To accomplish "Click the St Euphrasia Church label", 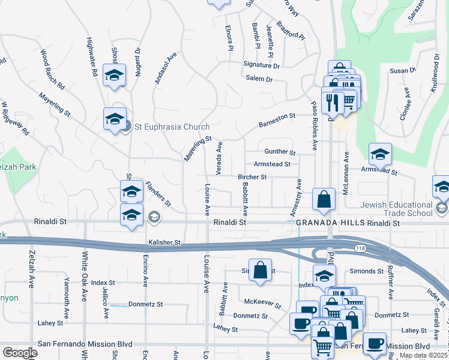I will click(172, 127).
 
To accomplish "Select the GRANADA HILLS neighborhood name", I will click(334, 222).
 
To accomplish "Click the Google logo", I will click(20, 353).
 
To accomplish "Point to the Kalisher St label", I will click(164, 242).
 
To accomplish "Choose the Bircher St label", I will click(252, 177).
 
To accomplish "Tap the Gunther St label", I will click(280, 152).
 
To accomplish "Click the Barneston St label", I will click(277, 119).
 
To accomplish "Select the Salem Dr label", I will click(259, 79).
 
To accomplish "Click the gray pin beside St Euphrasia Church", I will click(126, 126).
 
